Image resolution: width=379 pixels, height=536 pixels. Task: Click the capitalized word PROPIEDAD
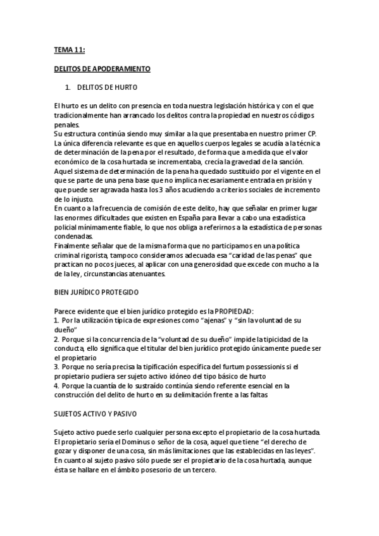(x=230, y=312)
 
